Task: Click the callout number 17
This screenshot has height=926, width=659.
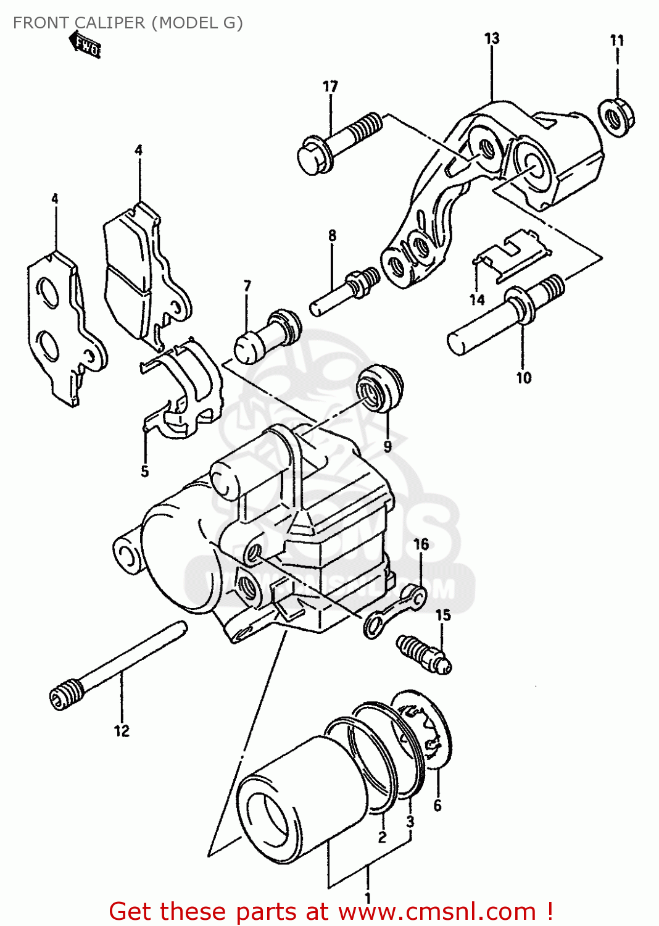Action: (x=330, y=86)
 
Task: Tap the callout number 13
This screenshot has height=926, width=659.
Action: (x=492, y=38)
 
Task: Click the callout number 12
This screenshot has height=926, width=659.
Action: (x=122, y=731)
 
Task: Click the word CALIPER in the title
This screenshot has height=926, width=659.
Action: (x=109, y=23)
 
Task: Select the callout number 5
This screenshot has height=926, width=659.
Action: (x=144, y=472)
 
